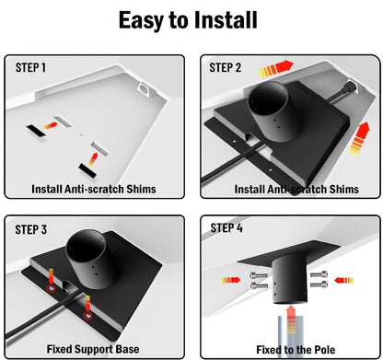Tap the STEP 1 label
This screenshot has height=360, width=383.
pos(30,68)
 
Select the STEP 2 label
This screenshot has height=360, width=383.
pos(226,68)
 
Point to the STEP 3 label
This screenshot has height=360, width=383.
pos(31,229)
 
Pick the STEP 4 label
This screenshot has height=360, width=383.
pos(226,228)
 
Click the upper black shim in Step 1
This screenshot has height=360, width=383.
pos(36,131)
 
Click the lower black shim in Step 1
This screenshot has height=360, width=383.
pos(87,170)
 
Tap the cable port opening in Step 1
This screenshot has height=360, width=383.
pos(144,88)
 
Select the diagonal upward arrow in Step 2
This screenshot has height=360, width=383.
pos(360,138)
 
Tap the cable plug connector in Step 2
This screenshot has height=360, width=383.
pos(350,87)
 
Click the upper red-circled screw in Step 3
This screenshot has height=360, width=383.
pos(51,288)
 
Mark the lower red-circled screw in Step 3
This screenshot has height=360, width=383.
pos(88,315)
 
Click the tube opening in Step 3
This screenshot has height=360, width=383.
pos(86,249)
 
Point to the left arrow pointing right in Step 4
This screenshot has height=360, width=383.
pos(231,280)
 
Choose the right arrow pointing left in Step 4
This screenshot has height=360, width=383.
pos(344,280)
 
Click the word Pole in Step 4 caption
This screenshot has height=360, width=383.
pos(325,350)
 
